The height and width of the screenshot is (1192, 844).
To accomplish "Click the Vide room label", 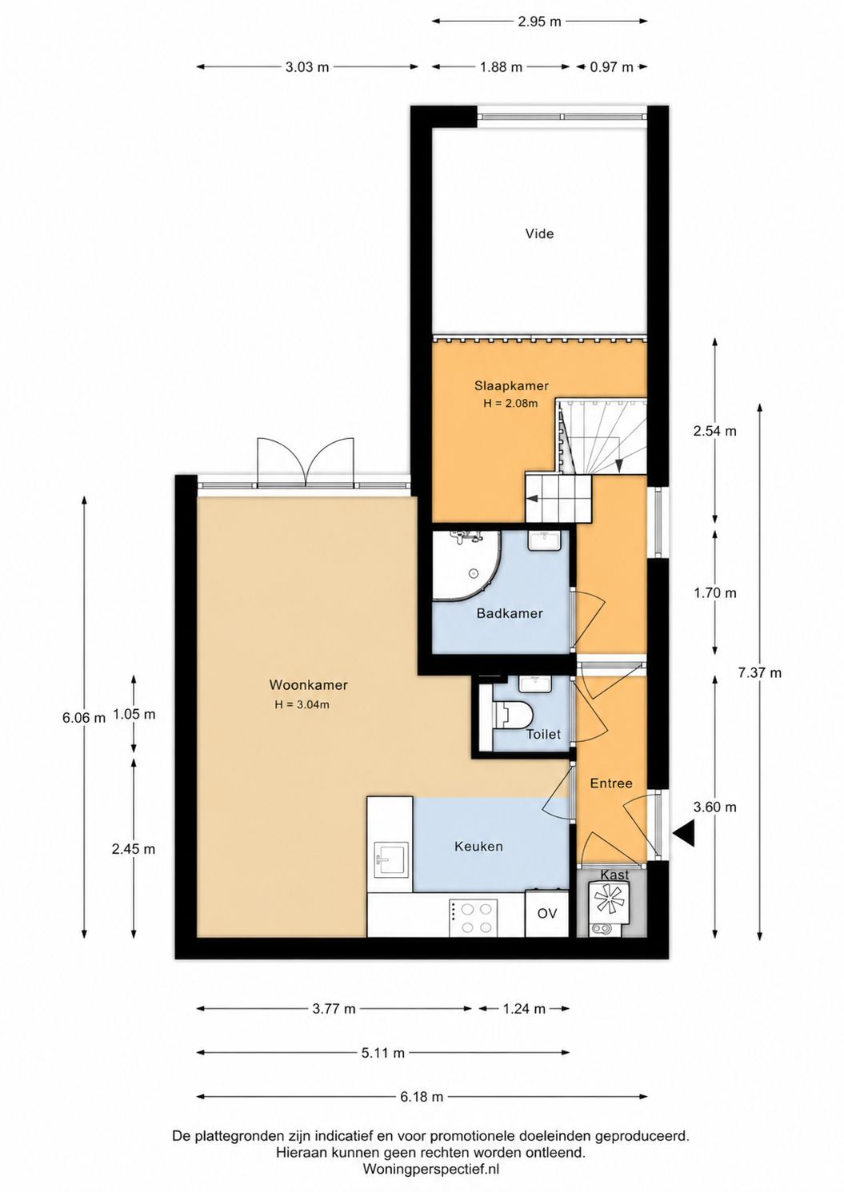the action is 539,233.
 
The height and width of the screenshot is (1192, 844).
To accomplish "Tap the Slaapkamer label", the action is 511,385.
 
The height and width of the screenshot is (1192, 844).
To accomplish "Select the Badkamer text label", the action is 510,613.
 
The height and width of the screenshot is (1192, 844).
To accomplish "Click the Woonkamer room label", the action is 308,685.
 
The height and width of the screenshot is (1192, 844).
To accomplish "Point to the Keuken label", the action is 478,846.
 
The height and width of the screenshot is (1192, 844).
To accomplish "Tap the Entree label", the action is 611,783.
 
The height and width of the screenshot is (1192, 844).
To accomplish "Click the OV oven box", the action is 547,914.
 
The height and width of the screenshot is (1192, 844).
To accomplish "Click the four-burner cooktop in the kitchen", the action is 474,918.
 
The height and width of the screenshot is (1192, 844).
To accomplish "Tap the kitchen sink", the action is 391,859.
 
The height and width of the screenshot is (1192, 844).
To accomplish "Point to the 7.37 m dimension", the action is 760,672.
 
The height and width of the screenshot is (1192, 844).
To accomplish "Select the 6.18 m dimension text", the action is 422,1077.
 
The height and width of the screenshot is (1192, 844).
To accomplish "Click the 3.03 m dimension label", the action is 307,67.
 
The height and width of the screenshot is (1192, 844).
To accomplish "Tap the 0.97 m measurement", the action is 612,67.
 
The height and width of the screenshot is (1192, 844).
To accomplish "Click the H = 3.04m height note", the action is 302,705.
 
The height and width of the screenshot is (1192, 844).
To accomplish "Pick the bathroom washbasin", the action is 542,540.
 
